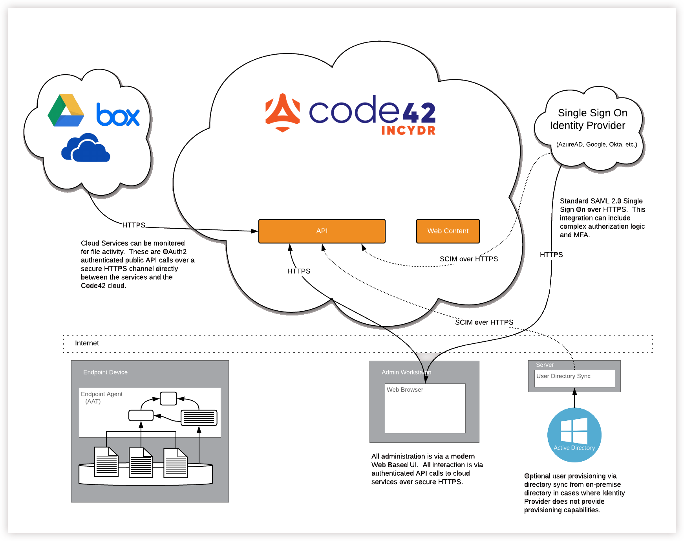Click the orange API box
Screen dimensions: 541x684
click(x=322, y=231)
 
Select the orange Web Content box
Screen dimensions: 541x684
click(x=448, y=231)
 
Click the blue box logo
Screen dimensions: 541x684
click(x=118, y=115)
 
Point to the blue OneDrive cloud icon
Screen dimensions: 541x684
click(x=86, y=148)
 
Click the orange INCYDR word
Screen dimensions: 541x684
click(x=408, y=130)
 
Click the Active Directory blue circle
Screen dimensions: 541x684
click(x=574, y=435)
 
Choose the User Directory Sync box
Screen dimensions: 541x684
click(x=574, y=378)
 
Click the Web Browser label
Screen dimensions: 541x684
click(x=405, y=390)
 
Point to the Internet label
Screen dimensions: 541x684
click(x=87, y=343)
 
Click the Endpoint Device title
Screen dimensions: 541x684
click(x=105, y=372)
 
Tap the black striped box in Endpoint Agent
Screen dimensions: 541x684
click(x=199, y=418)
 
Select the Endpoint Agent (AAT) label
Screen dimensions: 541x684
click(x=101, y=397)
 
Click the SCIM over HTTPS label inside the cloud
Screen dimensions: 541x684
click(x=468, y=259)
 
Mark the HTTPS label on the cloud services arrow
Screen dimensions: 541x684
click(x=134, y=225)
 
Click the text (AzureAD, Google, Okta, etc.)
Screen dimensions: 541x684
click(x=596, y=144)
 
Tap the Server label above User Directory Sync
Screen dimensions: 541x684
click(x=545, y=365)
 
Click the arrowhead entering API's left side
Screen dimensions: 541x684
click(x=254, y=231)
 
